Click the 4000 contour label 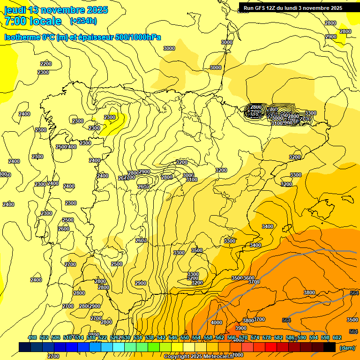[x=217, y=322]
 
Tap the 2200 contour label [x=46, y=64]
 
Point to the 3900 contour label [x=241, y=328]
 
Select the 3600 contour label [x=249, y=278]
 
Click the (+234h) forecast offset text [x=83, y=21]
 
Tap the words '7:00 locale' [x=33, y=21]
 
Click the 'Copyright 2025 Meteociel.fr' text [x=199, y=356]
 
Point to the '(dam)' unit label [x=346, y=348]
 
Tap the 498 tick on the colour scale [x=32, y=337]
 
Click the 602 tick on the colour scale [x=337, y=337]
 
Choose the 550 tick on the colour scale [x=185, y=337]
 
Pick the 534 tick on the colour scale [x=138, y=337]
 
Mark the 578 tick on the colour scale [x=267, y=337]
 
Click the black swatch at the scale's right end [x=330, y=347]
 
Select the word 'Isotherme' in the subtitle [x=22, y=37]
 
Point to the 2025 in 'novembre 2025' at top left [x=95, y=10]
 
